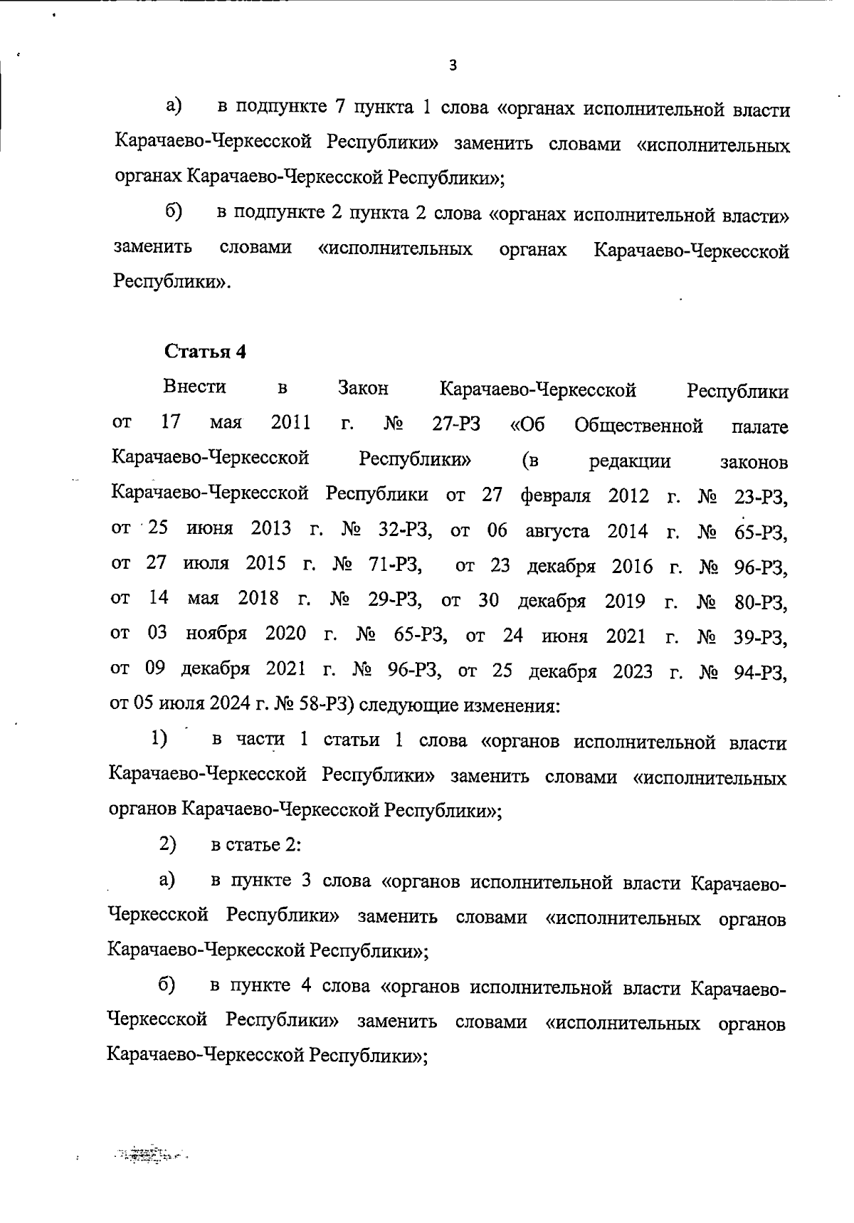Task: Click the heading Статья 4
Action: [x=205, y=352]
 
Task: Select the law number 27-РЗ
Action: [x=455, y=424]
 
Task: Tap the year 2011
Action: [x=291, y=423]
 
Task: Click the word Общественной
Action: [x=638, y=426]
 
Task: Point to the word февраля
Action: [x=555, y=495]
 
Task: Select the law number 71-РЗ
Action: [x=396, y=566]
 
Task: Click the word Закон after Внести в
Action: [x=363, y=389]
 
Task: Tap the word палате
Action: [x=759, y=427]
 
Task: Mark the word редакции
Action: [x=630, y=461]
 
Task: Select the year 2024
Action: [x=230, y=705]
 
